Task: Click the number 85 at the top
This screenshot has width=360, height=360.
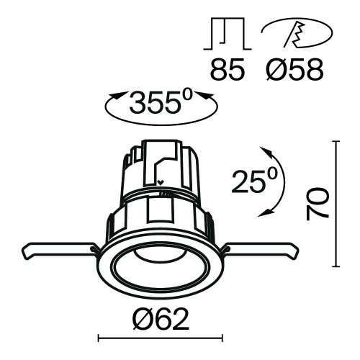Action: pyautogui.click(x=226, y=71)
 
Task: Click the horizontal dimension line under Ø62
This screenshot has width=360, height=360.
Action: pyautogui.click(x=160, y=337)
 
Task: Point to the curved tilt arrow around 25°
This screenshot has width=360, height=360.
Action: pyautogui.click(x=278, y=180)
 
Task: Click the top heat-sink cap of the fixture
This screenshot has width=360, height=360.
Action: pyautogui.click(x=160, y=155)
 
